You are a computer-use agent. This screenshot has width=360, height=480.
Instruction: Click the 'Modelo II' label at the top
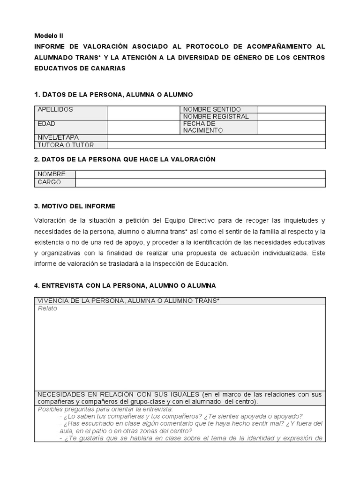[49, 36]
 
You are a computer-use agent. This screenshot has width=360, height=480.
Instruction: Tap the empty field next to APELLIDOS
[143, 113]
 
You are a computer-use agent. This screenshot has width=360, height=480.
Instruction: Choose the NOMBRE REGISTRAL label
[216, 117]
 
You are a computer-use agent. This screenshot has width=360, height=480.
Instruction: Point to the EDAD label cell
[70, 127]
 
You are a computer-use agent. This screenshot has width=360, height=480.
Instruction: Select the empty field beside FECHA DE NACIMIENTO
[291, 127]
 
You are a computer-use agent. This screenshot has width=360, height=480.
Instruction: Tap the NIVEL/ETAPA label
[58, 138]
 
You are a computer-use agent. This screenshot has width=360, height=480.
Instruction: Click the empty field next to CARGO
[200, 182]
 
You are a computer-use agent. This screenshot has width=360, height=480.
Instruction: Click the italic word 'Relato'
[47, 308]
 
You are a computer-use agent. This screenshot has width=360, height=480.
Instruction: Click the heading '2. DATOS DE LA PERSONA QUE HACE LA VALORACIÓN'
[125, 159]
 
